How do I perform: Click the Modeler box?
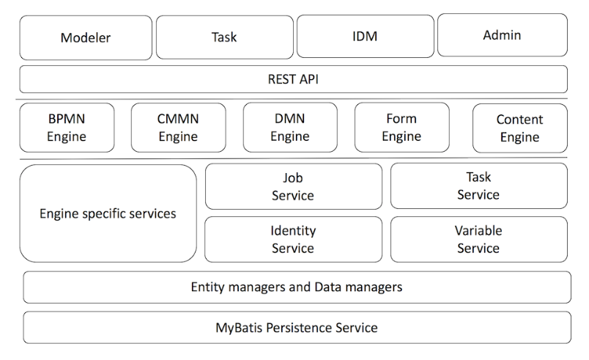[86, 37]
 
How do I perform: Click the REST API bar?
[293, 79]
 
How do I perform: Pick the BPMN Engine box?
[67, 127]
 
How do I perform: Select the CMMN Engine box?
[179, 127]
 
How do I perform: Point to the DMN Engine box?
[290, 127]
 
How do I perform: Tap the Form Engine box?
[401, 127]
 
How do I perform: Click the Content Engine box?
[519, 128]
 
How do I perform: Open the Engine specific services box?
[108, 213]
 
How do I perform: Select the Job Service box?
[293, 186]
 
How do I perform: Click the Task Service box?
[478, 185]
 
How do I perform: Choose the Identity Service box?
[293, 239]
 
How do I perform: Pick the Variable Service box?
[478, 239]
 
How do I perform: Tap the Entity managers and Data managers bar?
[297, 287]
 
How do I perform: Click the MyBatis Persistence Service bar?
[297, 327]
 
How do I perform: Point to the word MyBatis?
[239, 327]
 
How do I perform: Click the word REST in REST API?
[281, 79]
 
